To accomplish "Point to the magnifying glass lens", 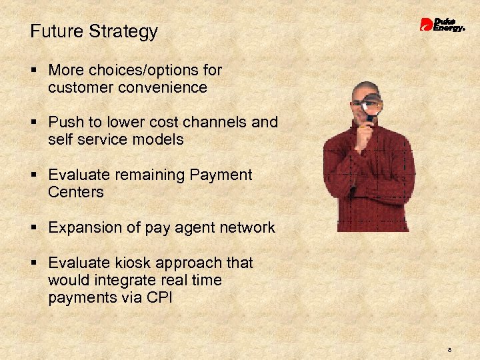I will pos(372,103).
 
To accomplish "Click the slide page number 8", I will pos(450,349).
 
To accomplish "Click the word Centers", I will pos(76,192).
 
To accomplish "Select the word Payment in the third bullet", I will pos(221,175).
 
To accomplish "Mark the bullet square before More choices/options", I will pos(33,71).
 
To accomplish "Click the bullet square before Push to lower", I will pos(33,123).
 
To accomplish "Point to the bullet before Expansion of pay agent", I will pos(33,228).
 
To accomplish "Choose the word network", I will pos(249,227).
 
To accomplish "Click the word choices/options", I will pos(155,70).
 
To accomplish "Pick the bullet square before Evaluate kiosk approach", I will pos(33,263).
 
